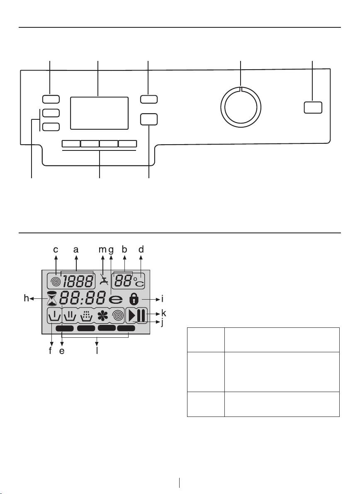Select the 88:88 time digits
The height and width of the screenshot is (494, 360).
click(83, 298)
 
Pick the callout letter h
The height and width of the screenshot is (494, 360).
click(27, 298)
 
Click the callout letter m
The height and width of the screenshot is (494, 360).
click(103, 249)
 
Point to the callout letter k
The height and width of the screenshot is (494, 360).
click(163, 313)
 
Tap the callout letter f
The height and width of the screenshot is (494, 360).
click(51, 351)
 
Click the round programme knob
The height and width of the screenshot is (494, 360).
click(241, 106)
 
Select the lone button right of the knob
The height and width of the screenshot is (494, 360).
click(313, 107)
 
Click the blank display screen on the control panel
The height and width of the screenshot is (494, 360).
click(99, 113)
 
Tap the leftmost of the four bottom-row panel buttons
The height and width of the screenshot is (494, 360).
click(71, 144)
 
